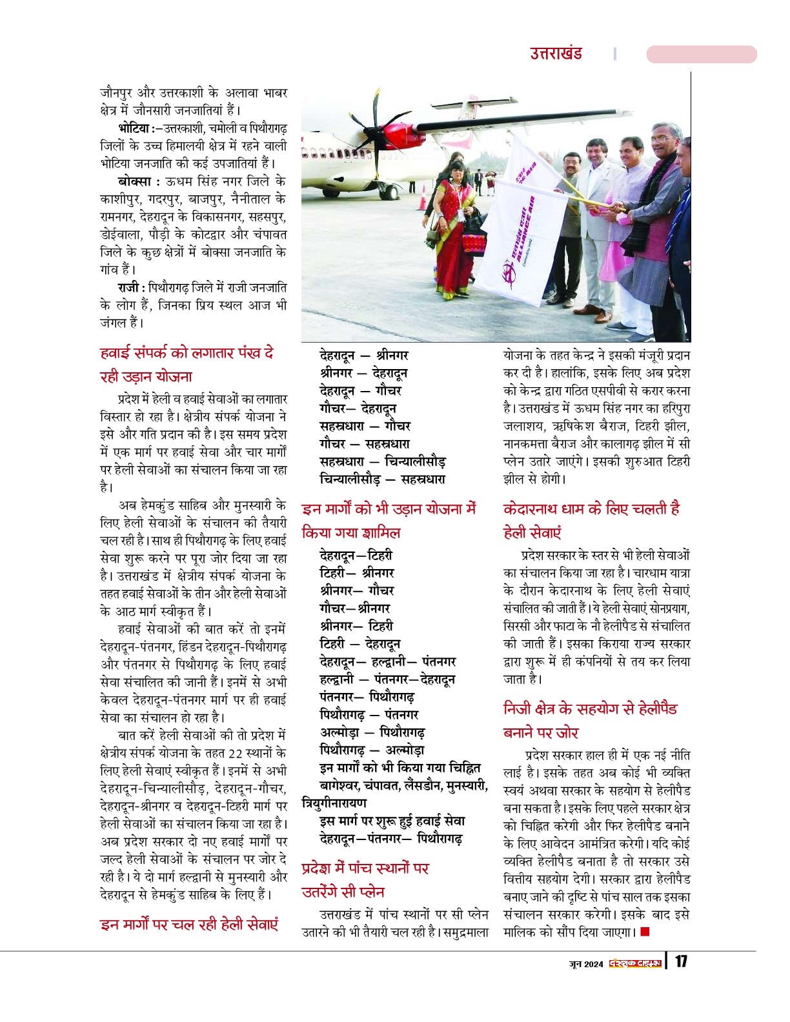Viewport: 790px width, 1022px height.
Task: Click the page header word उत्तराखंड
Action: click(x=556, y=54)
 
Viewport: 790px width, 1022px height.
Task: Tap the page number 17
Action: click(x=681, y=962)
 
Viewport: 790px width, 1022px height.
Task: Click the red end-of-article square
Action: click(x=645, y=932)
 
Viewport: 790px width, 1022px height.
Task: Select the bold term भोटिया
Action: click(x=134, y=128)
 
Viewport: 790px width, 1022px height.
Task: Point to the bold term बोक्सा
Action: click(x=134, y=181)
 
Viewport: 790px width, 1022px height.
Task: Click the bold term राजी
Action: click(x=130, y=288)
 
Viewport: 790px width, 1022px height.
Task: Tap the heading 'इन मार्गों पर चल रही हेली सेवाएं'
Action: click(x=189, y=925)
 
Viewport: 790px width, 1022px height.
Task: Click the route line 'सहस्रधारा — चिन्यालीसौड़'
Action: click(x=382, y=462)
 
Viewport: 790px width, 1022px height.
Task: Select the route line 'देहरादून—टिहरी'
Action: click(x=356, y=556)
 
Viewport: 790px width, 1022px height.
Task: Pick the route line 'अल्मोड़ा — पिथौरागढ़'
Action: click(x=372, y=733)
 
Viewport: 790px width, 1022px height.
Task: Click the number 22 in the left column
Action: click(x=236, y=753)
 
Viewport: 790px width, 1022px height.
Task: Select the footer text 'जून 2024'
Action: click(x=586, y=964)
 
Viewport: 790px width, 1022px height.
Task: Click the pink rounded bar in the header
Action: click(x=701, y=54)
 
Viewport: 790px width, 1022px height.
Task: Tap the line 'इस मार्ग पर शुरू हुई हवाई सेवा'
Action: click(x=392, y=821)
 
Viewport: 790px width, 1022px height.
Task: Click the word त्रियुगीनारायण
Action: click(x=334, y=803)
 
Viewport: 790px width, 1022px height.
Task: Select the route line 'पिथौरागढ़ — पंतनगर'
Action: click(x=369, y=715)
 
